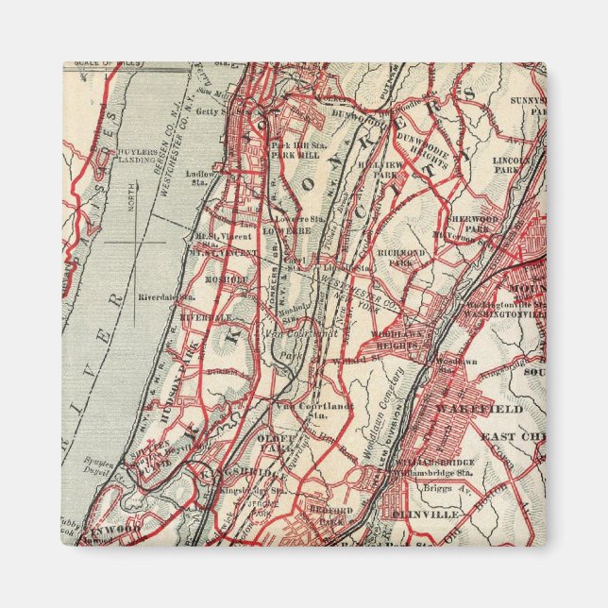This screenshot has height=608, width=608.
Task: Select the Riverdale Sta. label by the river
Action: (x=166, y=296)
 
